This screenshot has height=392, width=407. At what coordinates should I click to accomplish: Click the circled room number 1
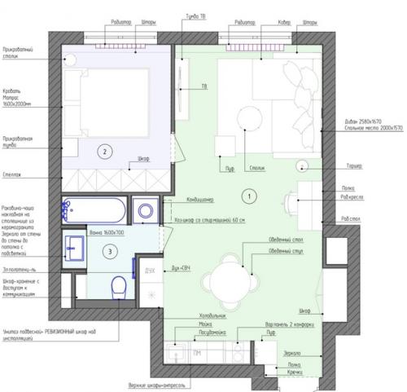(250, 195)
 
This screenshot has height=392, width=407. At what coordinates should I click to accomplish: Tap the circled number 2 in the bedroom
(103, 150)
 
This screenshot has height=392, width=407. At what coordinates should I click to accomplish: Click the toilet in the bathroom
(117, 286)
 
